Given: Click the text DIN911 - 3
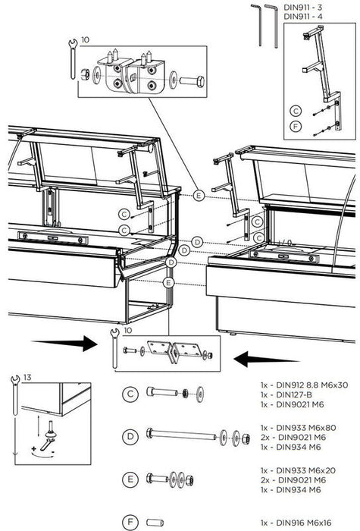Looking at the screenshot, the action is [x=302, y=7].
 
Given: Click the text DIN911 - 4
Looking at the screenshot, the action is [x=303, y=16].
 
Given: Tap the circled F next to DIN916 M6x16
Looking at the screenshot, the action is [x=130, y=522].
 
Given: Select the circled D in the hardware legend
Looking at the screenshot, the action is [x=130, y=436].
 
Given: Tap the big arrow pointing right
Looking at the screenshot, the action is [x=64, y=344].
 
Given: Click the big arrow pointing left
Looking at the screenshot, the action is [x=266, y=360].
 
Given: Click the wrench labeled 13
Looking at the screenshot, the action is [x=15, y=395].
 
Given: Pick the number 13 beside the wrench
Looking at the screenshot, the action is [x=28, y=377].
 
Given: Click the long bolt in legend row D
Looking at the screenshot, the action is [x=181, y=434].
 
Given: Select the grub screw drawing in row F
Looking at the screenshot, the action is [x=155, y=523].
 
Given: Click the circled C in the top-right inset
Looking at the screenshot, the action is [x=296, y=111].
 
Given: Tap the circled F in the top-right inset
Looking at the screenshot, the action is [x=296, y=127].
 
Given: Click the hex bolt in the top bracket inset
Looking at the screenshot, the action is [x=192, y=81].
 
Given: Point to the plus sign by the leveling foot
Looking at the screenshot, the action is [x=33, y=449].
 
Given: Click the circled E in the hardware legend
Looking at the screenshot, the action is [x=130, y=479].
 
